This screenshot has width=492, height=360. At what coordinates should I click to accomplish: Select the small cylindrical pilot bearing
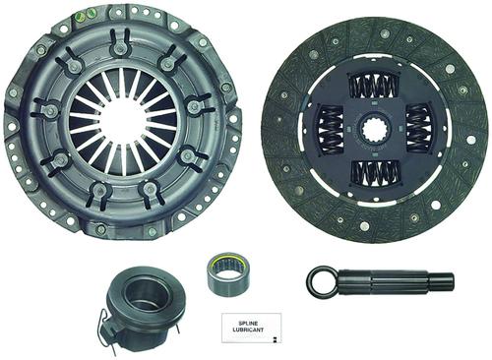pyautogui.click(x=229, y=273)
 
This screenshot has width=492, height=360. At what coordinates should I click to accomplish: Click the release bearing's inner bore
pyautogui.click(x=142, y=296)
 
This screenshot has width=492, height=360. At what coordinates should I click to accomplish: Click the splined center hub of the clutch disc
pyautogui.click(x=375, y=130)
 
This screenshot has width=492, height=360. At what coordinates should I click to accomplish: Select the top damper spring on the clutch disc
pyautogui.click(x=374, y=87)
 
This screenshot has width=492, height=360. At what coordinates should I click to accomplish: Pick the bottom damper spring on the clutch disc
pyautogui.click(x=376, y=173)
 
